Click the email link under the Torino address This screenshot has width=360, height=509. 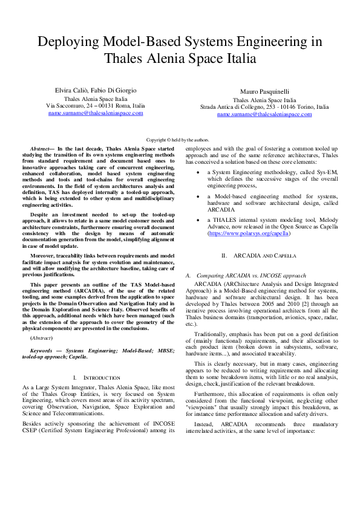tap(264, 114)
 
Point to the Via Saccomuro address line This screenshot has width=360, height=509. tap(96, 105)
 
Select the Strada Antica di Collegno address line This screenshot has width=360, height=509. tap(264, 106)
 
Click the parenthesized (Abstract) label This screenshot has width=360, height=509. tap(42, 337)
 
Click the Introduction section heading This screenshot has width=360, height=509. tap(99, 377)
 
